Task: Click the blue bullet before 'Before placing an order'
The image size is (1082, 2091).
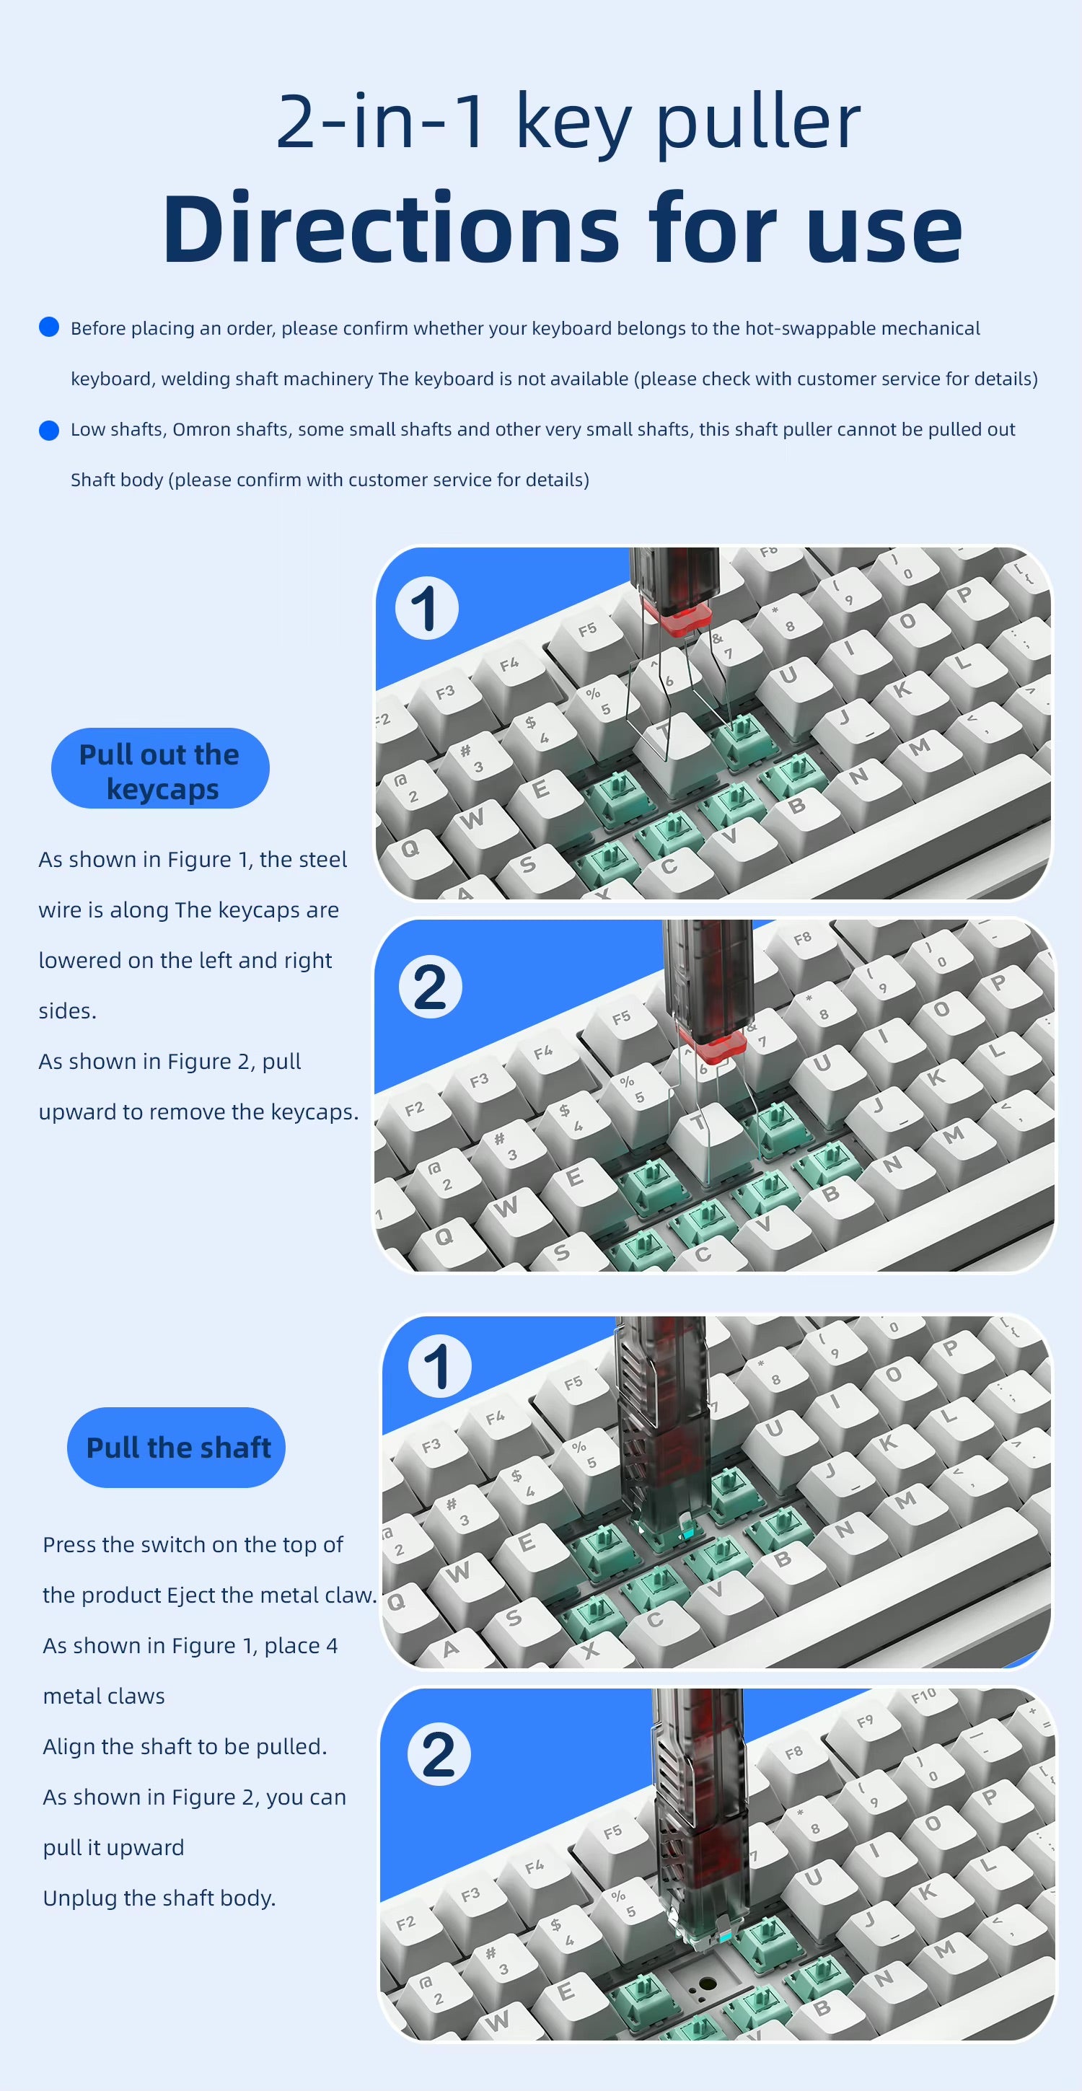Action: tap(50, 327)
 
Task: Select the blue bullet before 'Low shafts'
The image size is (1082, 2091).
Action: tap(50, 429)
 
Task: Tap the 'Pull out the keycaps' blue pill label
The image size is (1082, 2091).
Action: tap(160, 768)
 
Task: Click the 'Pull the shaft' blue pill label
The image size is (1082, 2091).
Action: tap(176, 1448)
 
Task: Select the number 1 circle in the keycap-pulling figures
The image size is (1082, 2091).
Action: tap(427, 608)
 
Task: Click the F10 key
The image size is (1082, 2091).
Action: tap(924, 1696)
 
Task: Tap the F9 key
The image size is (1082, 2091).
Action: tap(866, 1721)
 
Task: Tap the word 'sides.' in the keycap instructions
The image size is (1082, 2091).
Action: tap(67, 1011)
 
